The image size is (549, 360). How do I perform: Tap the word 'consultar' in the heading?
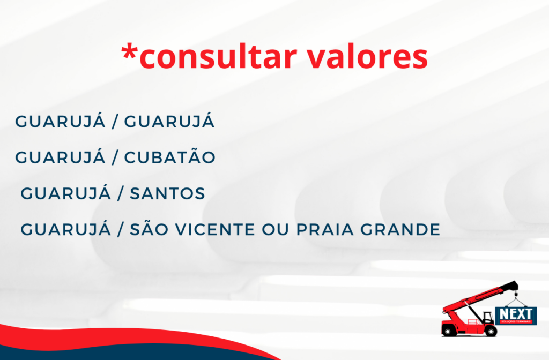(213, 57)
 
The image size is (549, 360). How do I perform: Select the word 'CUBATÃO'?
(170, 157)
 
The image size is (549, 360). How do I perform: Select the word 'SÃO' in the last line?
(150, 230)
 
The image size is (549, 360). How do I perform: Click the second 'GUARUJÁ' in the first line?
(169, 122)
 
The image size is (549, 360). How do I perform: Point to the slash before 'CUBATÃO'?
(115, 157)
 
